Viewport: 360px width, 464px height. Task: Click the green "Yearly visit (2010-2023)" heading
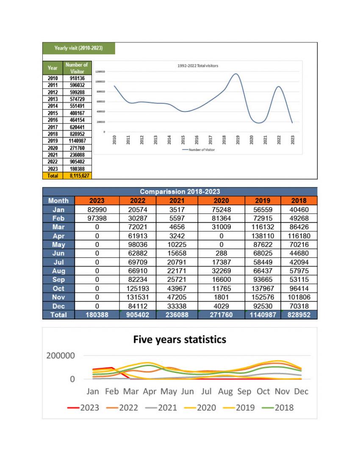(x=78, y=48)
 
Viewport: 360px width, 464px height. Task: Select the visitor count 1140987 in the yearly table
(x=77, y=141)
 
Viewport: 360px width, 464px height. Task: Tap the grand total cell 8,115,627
(x=77, y=175)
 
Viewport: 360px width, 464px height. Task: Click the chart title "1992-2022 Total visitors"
(x=198, y=66)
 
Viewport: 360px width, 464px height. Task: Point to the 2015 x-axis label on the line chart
(x=183, y=139)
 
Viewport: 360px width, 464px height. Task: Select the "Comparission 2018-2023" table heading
(x=180, y=192)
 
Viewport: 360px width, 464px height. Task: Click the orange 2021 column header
(x=177, y=200)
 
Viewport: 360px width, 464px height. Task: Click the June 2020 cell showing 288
(x=221, y=253)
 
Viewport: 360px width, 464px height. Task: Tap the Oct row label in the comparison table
(x=58, y=289)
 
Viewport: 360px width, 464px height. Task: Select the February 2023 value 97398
(x=97, y=218)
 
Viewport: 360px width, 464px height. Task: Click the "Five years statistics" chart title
(x=180, y=339)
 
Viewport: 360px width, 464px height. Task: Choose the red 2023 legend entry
(x=83, y=408)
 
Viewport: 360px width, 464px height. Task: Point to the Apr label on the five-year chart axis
(x=150, y=392)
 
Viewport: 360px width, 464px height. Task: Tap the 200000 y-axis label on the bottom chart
(x=61, y=356)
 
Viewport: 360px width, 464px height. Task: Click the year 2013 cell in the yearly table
(x=53, y=99)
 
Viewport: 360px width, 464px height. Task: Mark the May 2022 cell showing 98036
(x=138, y=245)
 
